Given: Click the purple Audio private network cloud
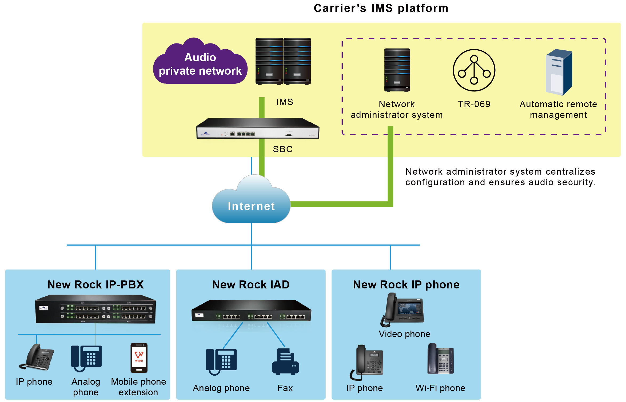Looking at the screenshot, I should [x=200, y=64].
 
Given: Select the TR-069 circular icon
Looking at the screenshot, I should [x=474, y=70].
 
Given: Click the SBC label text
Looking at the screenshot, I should [x=283, y=149].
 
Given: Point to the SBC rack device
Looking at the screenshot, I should [x=257, y=128].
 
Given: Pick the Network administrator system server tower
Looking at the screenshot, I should [x=397, y=70].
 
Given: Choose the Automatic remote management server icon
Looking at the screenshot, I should [x=559, y=72].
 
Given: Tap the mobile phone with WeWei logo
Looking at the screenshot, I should [x=139, y=358].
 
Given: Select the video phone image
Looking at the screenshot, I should [x=403, y=309].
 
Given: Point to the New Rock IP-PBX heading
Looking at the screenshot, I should [x=95, y=284].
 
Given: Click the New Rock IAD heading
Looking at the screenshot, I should [x=251, y=284].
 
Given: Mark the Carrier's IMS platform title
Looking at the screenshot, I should [x=381, y=8].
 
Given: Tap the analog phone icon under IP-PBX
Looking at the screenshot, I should [x=86, y=358].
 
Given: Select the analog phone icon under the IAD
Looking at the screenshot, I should [x=221, y=361].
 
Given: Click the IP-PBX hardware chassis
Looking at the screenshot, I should [x=95, y=309].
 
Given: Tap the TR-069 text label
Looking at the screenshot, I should [x=474, y=104].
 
